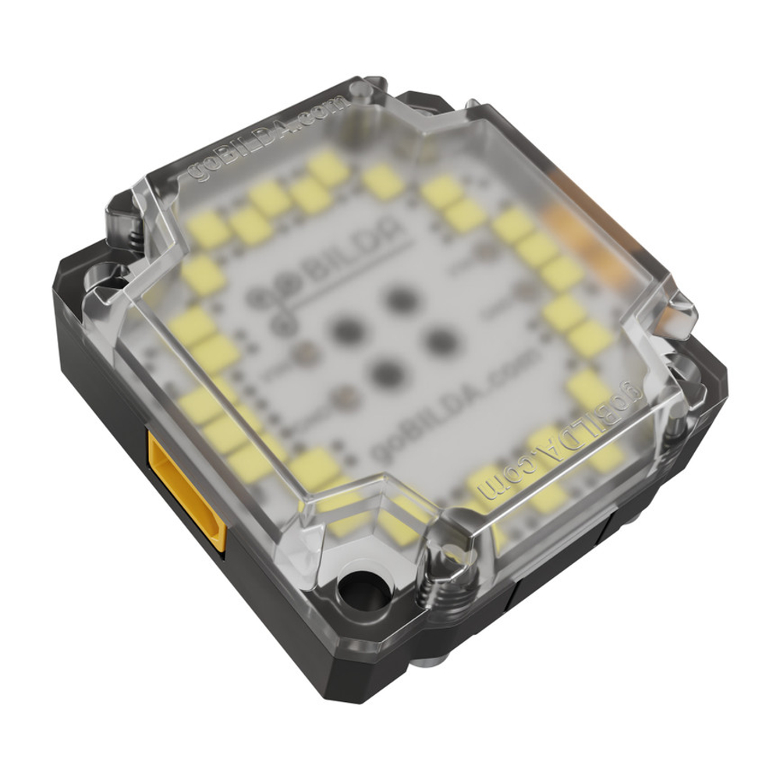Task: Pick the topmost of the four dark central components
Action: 400,298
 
